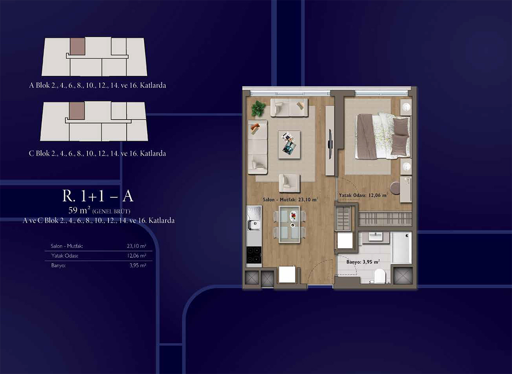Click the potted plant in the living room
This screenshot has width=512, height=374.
point(259,108)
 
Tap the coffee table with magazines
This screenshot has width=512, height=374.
point(289,144)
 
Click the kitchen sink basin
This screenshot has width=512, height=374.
point(254,225)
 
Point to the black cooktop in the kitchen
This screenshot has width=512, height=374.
point(254,255)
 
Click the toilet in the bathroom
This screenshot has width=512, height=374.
point(380,276)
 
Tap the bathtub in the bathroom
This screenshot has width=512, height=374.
point(401,248)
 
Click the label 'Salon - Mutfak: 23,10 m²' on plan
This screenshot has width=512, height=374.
point(290,199)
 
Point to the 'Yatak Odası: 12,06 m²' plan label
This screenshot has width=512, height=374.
point(363,196)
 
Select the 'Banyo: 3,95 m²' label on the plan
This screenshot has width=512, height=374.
point(363,262)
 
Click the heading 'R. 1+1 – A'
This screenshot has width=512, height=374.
point(98,196)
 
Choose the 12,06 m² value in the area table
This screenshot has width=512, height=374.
point(137,256)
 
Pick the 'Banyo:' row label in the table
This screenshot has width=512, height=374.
point(58,266)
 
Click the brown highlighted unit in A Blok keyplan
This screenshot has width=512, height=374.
point(78,46)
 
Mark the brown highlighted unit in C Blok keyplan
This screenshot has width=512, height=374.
point(77,111)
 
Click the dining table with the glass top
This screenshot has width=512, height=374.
point(289,224)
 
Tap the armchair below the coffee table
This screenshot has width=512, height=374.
point(289,183)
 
